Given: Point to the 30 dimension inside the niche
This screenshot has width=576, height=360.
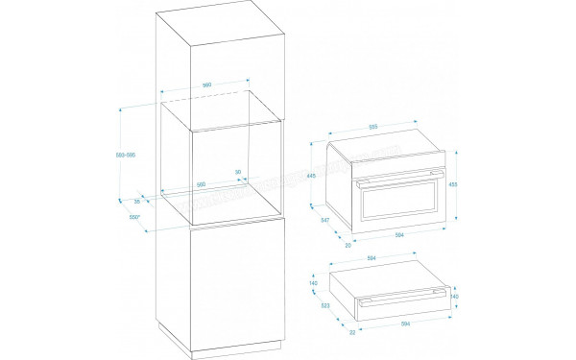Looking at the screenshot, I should [x=238, y=173].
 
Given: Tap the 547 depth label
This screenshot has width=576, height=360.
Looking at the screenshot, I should [x=324, y=221].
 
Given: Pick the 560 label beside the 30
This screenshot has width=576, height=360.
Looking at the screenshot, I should [x=202, y=184].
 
